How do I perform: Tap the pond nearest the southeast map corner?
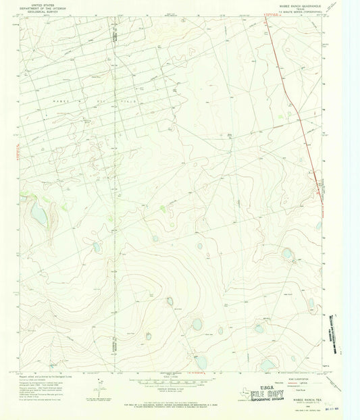pos(268,365)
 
